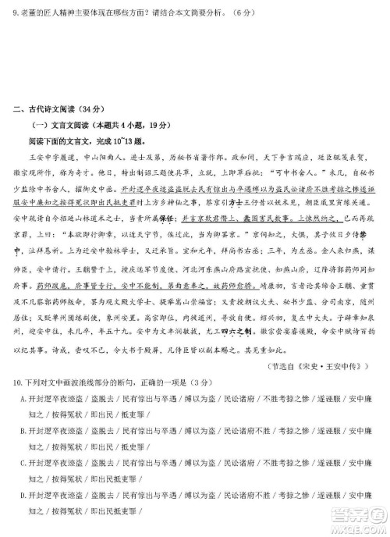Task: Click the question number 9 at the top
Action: pos(15,13)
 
